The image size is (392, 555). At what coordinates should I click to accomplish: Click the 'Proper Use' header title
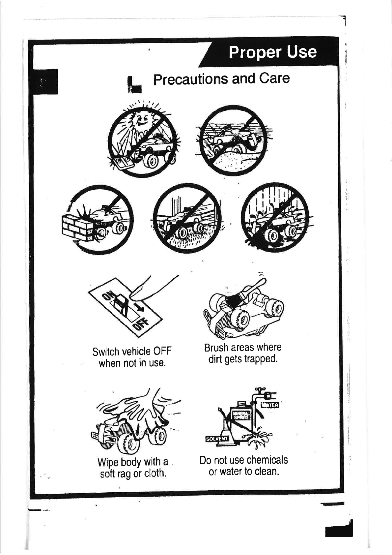click(x=272, y=52)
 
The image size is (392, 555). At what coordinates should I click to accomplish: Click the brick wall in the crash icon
click(x=77, y=228)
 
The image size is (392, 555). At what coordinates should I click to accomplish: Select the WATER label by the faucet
click(x=270, y=405)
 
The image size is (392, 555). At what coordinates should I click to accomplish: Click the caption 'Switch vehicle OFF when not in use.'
click(x=132, y=357)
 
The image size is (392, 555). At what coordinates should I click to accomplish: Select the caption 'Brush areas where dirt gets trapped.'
click(x=243, y=353)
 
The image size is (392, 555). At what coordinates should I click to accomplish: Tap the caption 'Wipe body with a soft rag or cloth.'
click(x=133, y=467)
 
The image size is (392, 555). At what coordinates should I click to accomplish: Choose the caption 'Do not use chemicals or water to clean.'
click(x=243, y=465)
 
